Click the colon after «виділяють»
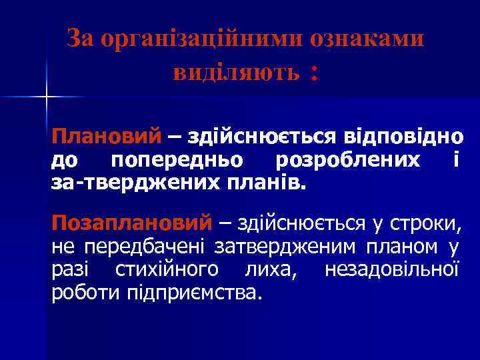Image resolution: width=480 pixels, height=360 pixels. pyautogui.click(x=311, y=75)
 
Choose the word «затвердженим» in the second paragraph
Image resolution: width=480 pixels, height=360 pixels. pyautogui.click(x=287, y=247)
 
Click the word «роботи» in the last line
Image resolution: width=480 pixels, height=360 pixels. pyautogui.click(x=85, y=293)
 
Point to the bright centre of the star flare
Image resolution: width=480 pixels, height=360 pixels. pyautogui.click(x=47, y=97)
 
